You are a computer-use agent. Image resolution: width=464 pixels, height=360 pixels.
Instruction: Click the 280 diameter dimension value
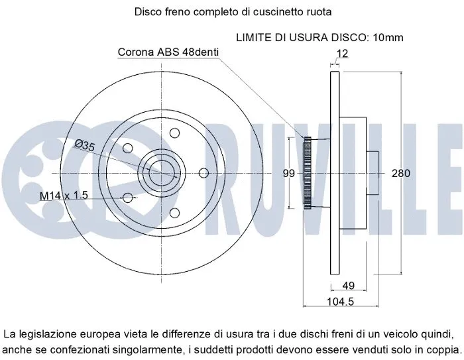[400, 174]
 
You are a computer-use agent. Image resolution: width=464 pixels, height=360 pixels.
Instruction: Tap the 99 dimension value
[288, 174]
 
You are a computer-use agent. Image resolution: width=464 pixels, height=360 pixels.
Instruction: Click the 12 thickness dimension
[341, 53]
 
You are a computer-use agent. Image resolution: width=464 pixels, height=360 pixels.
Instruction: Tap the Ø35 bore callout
[84, 146]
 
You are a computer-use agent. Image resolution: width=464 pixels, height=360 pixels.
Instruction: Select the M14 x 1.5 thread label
[64, 196]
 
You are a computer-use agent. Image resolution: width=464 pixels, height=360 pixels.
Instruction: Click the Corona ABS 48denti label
[168, 51]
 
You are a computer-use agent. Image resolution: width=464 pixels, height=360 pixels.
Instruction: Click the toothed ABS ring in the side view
[307, 174]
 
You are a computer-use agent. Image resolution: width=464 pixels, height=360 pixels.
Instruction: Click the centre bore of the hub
[161, 174]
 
